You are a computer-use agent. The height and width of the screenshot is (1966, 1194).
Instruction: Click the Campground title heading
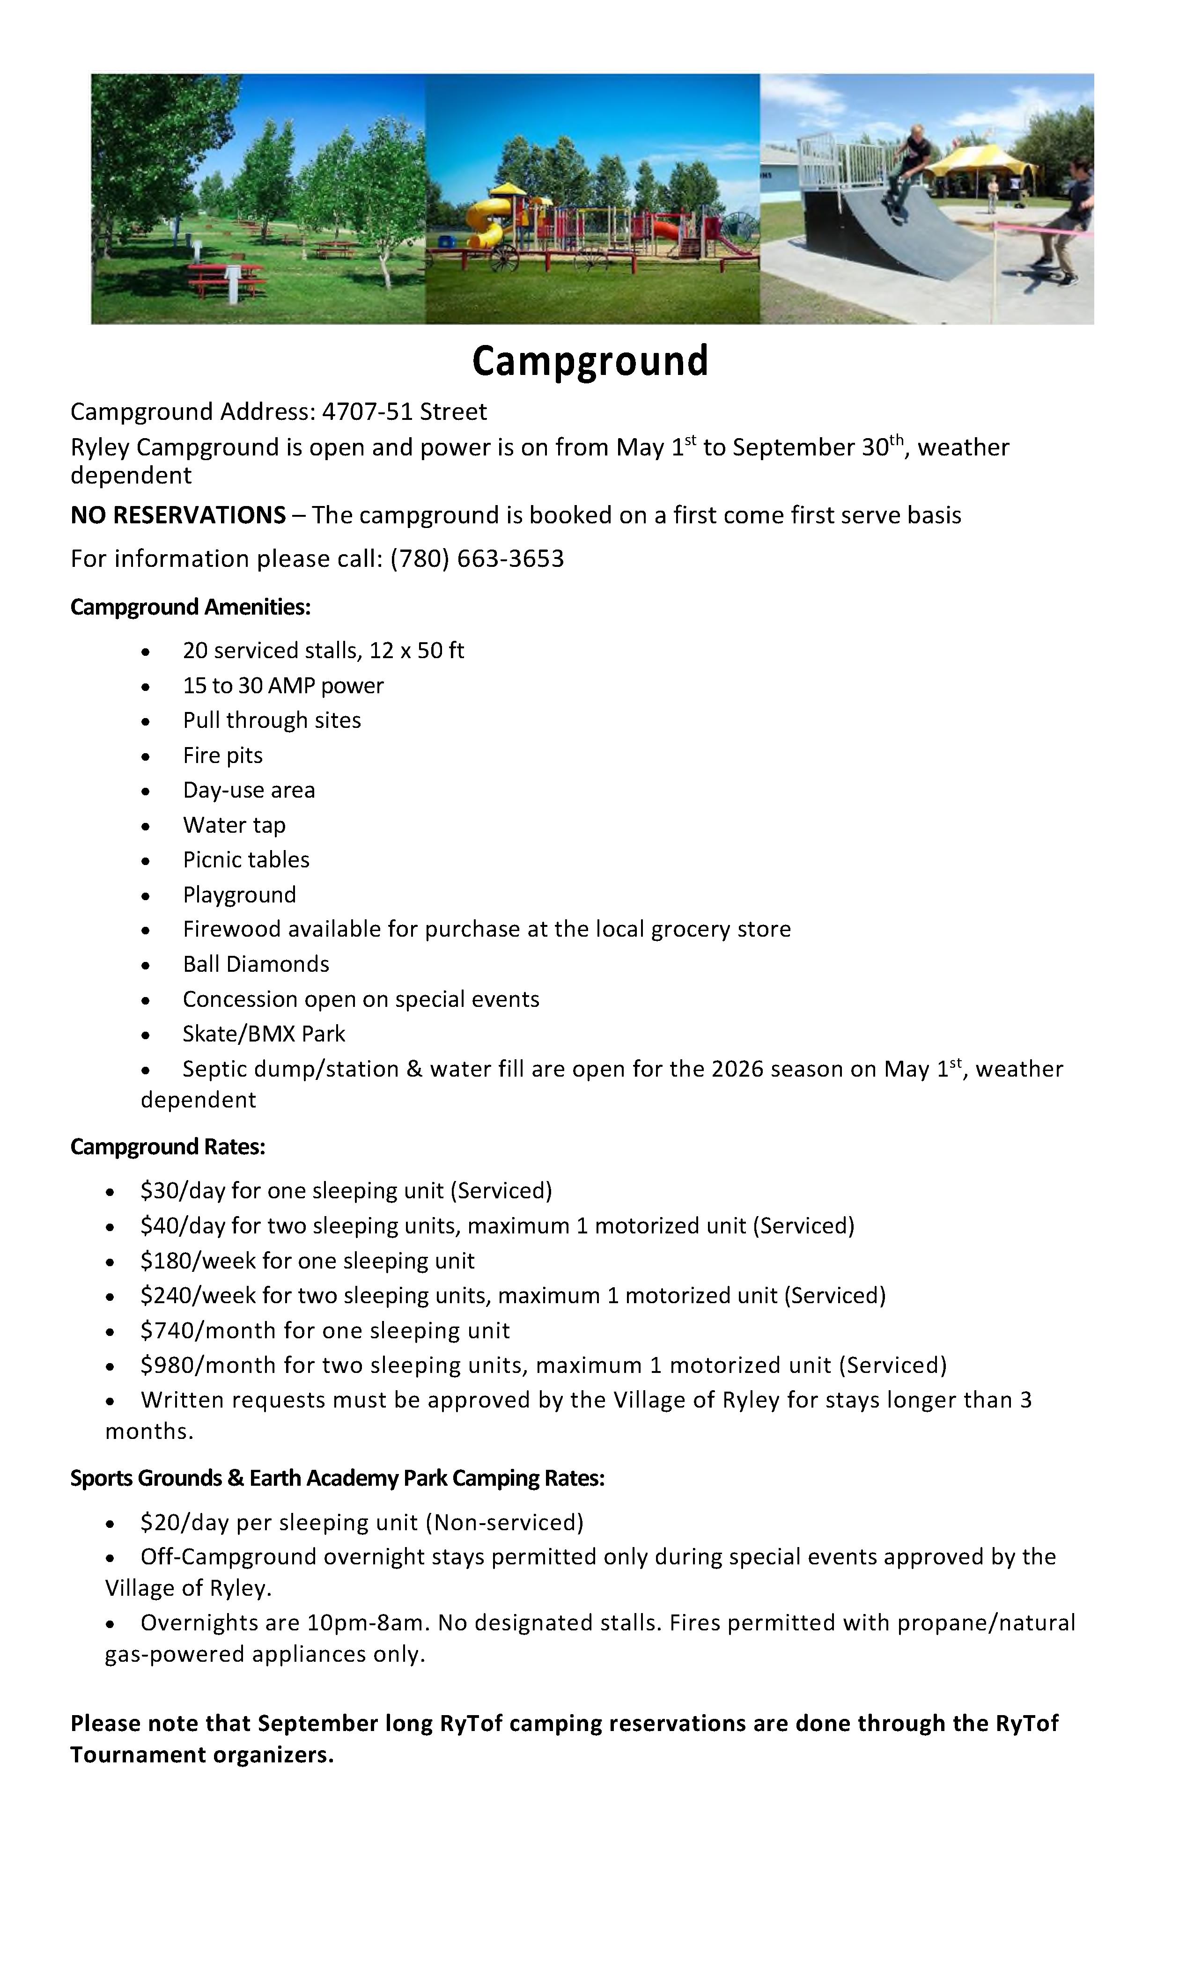tap(590, 360)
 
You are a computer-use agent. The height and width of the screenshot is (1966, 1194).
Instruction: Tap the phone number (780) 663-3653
tap(477, 558)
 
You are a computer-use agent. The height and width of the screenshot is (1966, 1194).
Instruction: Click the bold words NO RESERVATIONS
tap(178, 515)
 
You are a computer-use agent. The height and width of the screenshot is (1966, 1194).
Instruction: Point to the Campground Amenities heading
tap(190, 607)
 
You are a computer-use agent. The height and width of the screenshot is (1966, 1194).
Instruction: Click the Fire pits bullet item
tap(223, 756)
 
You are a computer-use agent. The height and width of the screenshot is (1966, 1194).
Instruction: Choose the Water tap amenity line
tap(234, 825)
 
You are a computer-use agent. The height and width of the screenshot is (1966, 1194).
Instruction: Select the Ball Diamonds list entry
tap(255, 965)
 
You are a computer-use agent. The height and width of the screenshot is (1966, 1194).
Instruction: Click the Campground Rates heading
tap(168, 1147)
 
